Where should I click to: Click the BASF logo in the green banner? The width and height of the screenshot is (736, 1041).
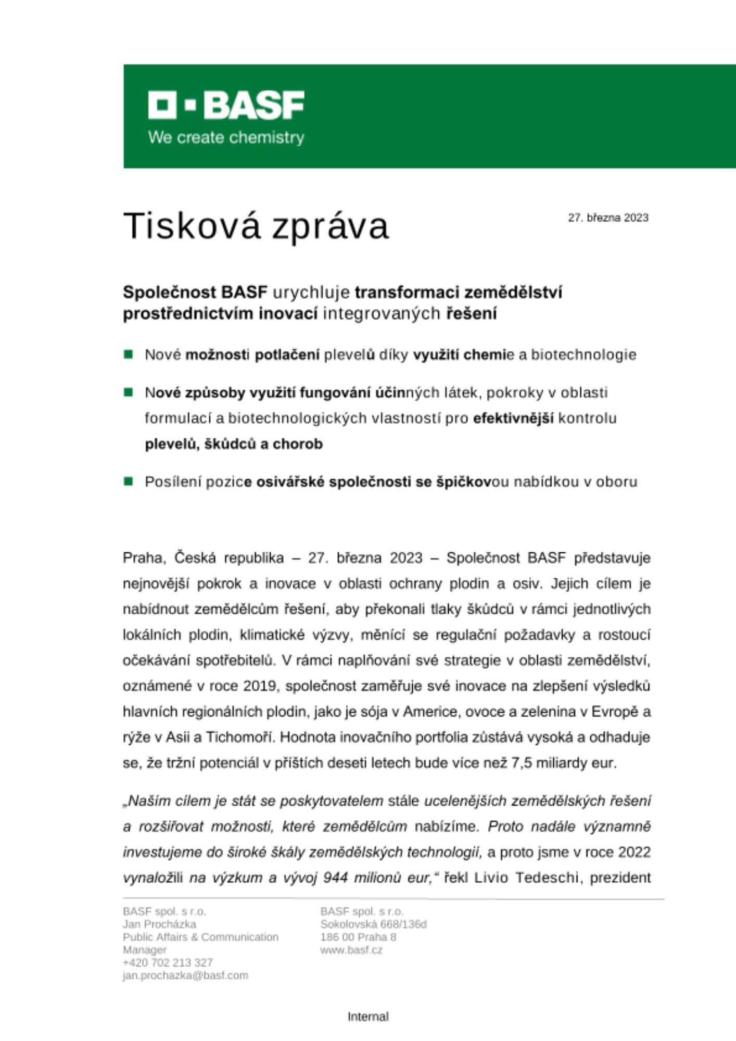click(226, 105)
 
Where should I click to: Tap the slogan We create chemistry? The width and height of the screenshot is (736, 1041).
click(226, 138)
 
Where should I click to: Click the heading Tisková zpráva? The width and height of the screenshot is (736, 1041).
click(256, 226)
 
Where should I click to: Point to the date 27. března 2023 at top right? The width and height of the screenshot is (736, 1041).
click(608, 218)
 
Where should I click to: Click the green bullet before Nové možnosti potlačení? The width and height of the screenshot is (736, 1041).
click(129, 354)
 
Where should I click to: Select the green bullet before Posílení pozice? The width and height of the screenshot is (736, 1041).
click(129, 481)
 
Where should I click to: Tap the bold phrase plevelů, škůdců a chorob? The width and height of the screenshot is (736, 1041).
click(234, 444)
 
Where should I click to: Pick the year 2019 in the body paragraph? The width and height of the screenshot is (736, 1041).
click(259, 686)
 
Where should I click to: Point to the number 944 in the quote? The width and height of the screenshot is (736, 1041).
click(336, 878)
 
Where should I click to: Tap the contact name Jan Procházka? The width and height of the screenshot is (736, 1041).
click(159, 924)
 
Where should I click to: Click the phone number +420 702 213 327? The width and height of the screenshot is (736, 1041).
click(168, 962)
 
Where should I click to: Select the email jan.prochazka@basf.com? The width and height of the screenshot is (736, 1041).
click(185, 975)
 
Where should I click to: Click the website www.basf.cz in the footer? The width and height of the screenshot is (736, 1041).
click(351, 950)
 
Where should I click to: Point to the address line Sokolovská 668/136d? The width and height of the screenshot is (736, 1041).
click(373, 924)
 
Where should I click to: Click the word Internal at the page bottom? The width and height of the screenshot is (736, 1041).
click(368, 1017)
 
